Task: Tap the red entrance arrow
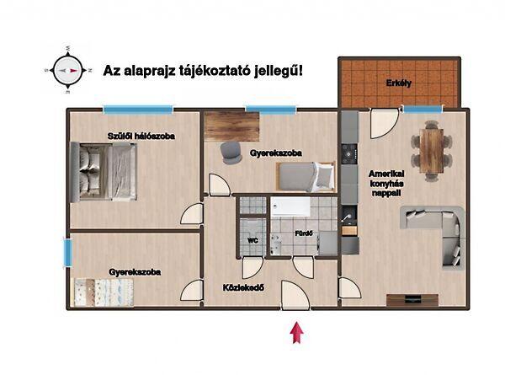tap(295, 333)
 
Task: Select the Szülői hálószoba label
tap(141, 134)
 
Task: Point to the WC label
tap(251, 240)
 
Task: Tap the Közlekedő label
tap(244, 287)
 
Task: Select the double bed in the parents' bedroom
tap(104, 171)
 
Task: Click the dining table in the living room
tap(432, 149)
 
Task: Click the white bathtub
tap(295, 207)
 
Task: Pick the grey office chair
tap(230, 150)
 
